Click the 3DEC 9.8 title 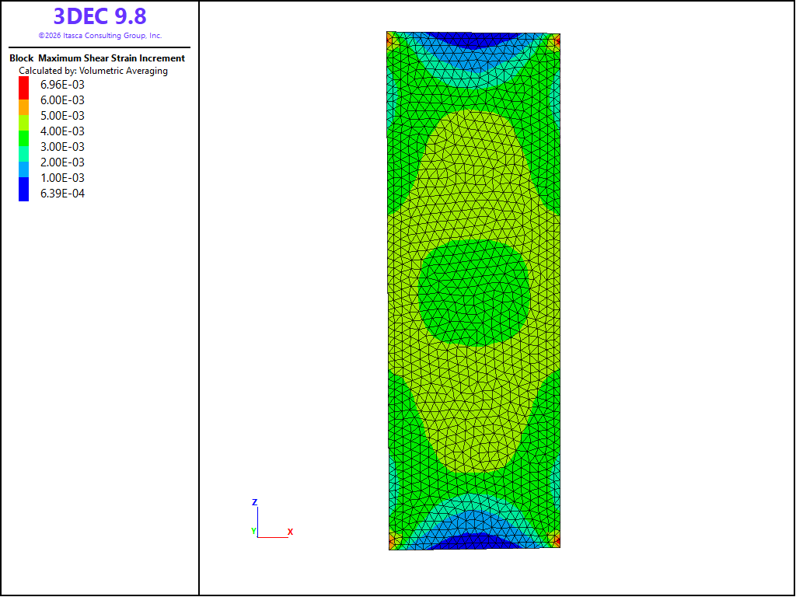pyautogui.click(x=99, y=16)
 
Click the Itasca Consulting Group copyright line pyautogui.click(x=99, y=36)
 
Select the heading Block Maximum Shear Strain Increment pyautogui.click(x=97, y=58)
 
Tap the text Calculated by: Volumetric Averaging pyautogui.click(x=93, y=71)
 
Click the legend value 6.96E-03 pyautogui.click(x=62, y=85)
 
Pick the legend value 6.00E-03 pyautogui.click(x=62, y=100)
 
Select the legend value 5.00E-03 pyautogui.click(x=62, y=116)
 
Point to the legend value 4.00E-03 pyautogui.click(x=62, y=131)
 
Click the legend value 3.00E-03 pyautogui.click(x=62, y=147)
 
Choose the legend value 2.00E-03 pyautogui.click(x=62, y=162)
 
